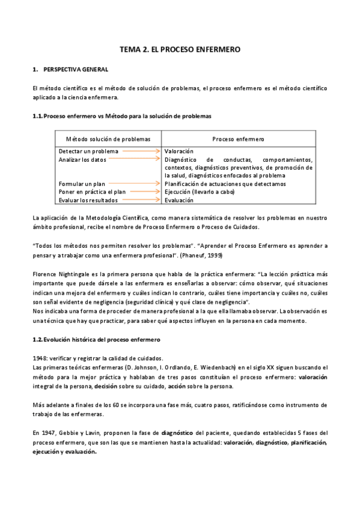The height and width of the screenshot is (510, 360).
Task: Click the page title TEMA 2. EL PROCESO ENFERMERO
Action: click(180, 50)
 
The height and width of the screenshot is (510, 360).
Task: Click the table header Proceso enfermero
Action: click(238, 138)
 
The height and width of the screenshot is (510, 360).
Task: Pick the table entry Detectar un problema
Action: click(88, 152)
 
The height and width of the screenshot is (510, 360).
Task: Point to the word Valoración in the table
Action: click(179, 152)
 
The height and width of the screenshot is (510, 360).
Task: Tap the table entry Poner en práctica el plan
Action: click(92, 192)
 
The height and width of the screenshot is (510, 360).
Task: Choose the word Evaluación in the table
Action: click(179, 200)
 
